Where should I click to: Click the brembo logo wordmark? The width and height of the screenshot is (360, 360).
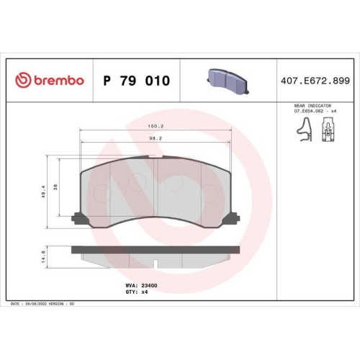coord(58,81)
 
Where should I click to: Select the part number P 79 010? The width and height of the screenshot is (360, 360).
coord(137,81)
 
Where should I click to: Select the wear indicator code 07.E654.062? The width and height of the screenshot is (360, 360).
coord(307,111)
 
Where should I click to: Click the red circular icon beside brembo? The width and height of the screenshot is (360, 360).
coord(24,81)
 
